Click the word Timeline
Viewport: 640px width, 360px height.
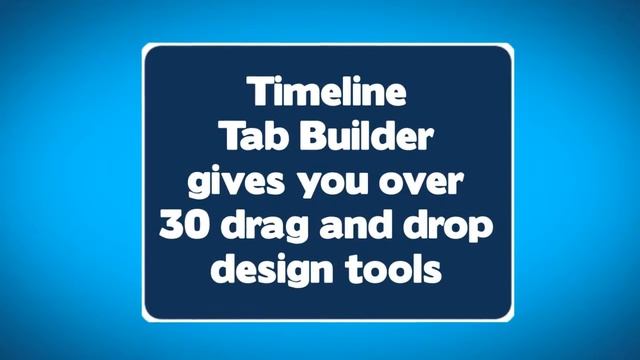[x=328, y=95]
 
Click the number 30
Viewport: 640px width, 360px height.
[x=183, y=227]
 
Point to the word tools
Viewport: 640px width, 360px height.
[x=393, y=270]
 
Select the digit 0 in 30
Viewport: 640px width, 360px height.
[x=196, y=227]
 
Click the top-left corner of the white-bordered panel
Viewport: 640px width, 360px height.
[x=143, y=45]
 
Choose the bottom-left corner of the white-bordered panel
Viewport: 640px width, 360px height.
[x=143, y=320]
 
